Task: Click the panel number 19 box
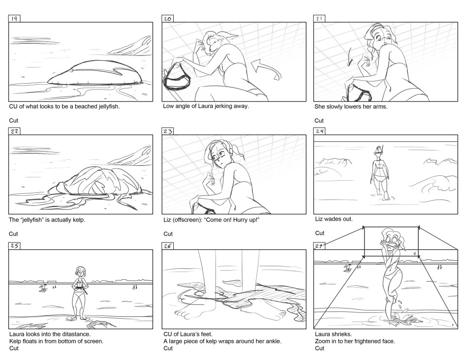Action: tap(14, 18)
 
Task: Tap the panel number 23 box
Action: tap(167, 131)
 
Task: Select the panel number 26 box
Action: tap(167, 246)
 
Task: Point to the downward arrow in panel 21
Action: tap(350, 58)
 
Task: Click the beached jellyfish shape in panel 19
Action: tap(94, 73)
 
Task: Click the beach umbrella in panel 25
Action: tap(44, 288)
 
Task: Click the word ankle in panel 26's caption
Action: tap(273, 341)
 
